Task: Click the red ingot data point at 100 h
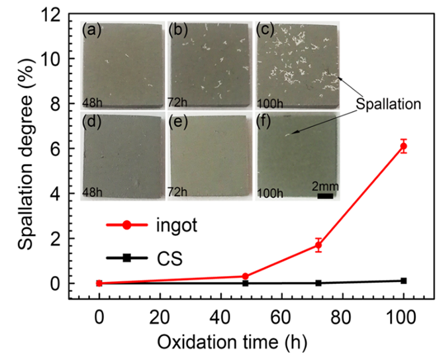(404, 146)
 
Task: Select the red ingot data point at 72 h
(318, 246)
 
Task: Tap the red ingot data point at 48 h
(245, 276)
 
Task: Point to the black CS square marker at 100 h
(404, 281)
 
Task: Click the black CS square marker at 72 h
(318, 283)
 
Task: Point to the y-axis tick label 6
(62, 149)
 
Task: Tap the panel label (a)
(91, 30)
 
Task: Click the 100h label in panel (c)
(268, 103)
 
